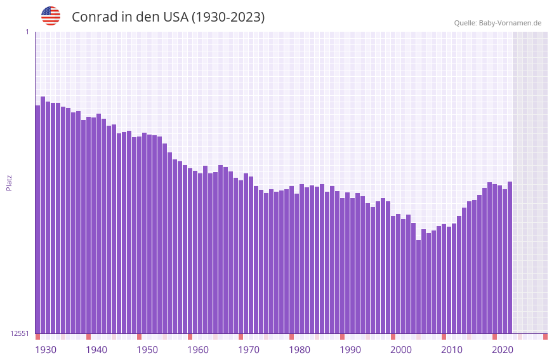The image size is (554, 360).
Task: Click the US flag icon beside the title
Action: [x=51, y=16]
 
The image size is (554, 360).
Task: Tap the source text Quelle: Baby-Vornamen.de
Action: [x=498, y=23]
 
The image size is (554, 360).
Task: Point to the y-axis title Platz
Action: [x=9, y=182]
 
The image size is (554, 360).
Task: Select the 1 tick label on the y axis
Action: [x=27, y=32]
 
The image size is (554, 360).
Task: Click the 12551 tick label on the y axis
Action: [x=20, y=333]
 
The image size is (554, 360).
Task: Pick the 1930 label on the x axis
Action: [x=46, y=350]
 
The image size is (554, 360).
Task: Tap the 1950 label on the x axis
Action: [x=147, y=350]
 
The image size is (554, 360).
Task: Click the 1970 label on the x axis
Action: [x=249, y=350]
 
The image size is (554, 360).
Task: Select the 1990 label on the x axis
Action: [x=350, y=350]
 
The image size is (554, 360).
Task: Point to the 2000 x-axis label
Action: [x=401, y=350]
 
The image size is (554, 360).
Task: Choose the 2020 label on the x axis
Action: [x=503, y=350]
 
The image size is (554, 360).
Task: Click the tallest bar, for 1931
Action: [x=43, y=216]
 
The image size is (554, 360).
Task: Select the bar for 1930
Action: [x=37, y=219]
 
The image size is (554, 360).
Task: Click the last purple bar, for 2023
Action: [x=510, y=257]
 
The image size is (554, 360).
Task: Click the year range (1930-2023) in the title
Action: [x=228, y=17]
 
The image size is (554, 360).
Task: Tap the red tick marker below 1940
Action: [x=88, y=337]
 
